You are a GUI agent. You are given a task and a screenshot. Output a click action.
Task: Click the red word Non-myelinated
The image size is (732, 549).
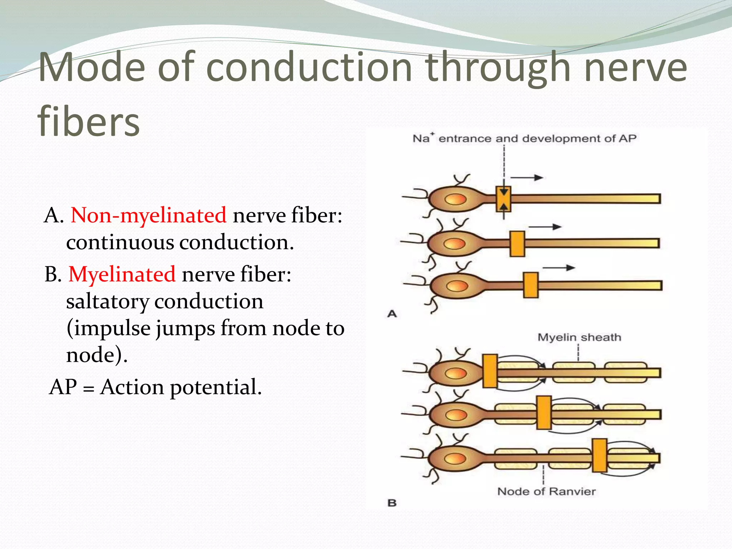tap(148, 215)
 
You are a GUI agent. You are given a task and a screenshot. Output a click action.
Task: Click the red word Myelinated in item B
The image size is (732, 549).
tap(122, 274)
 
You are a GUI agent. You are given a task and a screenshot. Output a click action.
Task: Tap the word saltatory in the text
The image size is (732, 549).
tap(107, 301)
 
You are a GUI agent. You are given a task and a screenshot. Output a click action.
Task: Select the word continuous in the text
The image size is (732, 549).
tap(120, 242)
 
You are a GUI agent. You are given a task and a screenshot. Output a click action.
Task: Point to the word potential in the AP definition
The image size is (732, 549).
tap(216, 387)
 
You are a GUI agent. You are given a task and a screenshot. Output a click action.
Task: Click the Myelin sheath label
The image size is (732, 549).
tap(579, 337)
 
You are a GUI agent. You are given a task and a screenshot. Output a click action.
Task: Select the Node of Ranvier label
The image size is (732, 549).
tap(546, 491)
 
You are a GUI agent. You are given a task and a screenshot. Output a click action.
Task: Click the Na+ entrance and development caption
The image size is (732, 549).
tap(524, 138)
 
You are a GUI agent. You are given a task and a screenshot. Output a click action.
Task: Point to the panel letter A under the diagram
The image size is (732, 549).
tap(392, 314)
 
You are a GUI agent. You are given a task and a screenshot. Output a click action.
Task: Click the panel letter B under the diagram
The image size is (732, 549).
tap(392, 503)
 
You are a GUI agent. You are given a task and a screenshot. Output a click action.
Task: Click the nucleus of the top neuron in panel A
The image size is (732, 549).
tap(456, 199)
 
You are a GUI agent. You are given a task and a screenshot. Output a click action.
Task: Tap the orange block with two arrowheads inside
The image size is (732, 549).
tap(503, 199)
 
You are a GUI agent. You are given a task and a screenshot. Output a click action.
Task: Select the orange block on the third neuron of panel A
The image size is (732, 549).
tap(531, 285)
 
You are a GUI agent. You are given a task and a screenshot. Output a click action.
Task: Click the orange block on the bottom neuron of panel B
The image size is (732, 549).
tap(599, 455)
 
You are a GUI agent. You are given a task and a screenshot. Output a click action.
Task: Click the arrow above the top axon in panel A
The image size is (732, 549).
tap(527, 177)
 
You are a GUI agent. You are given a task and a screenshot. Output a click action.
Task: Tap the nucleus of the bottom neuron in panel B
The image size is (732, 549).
tap(455, 458)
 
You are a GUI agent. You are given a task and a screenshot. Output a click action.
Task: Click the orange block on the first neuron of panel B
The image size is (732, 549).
tap(490, 371)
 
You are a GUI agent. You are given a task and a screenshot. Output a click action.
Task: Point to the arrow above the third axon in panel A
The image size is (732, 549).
tap(559, 268)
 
